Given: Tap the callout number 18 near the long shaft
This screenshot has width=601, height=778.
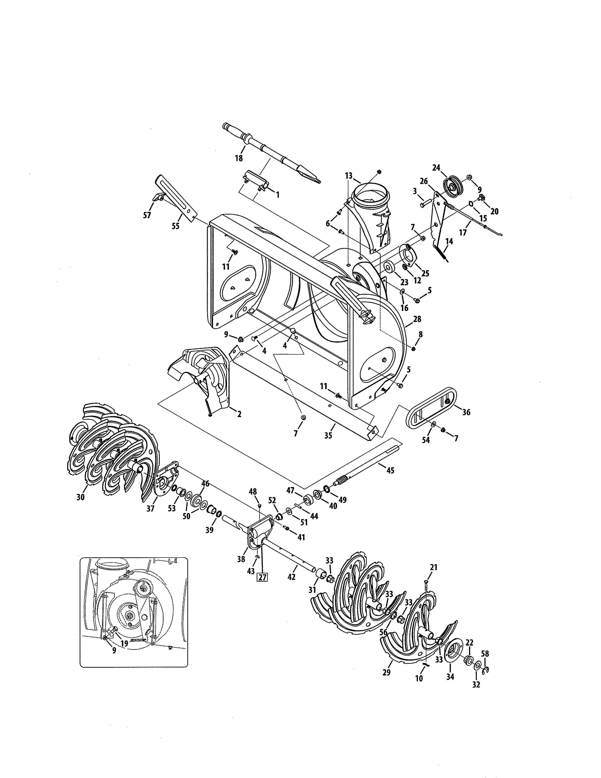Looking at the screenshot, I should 239,158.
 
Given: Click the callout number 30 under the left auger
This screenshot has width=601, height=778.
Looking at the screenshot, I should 80,497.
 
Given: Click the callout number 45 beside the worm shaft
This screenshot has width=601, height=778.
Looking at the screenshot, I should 390,470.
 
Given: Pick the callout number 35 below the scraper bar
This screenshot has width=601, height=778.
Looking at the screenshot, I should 328,435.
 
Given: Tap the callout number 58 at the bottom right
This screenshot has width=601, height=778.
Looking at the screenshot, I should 485,654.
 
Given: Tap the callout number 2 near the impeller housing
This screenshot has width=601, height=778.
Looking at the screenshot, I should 239,414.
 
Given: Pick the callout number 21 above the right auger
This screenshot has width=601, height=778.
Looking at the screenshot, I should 433,567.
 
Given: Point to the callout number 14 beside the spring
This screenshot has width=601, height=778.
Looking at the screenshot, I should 449,241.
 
